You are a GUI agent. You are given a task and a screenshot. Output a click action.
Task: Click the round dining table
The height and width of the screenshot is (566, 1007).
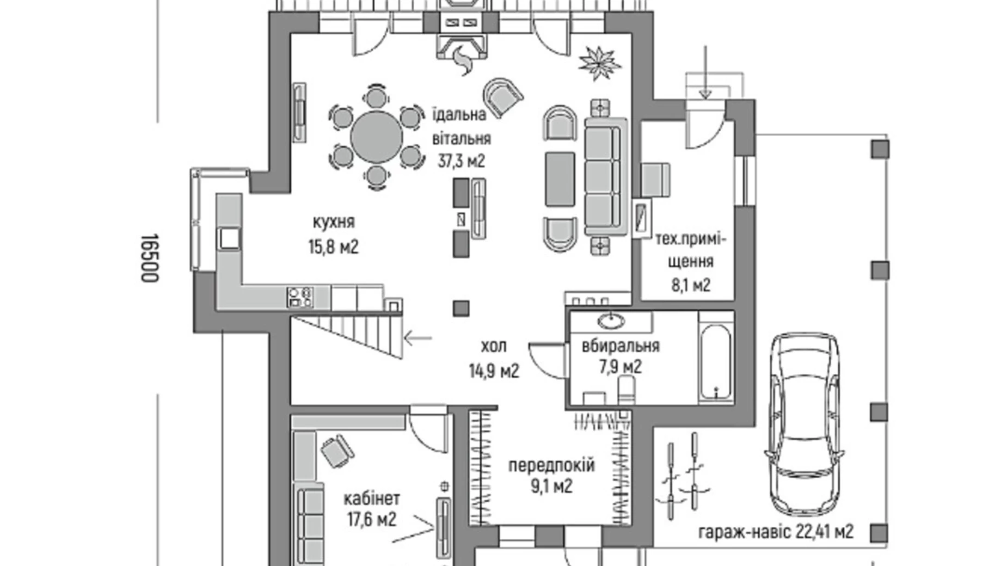(376, 137)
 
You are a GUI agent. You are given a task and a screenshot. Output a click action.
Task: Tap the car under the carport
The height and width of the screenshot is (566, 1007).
(803, 424)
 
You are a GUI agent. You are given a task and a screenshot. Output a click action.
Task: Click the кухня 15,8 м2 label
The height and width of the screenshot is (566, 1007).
(334, 235)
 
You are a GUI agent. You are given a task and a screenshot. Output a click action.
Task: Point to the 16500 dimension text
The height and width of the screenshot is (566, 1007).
(149, 258)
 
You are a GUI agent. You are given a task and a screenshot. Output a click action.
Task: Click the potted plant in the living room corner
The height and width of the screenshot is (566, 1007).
(599, 62)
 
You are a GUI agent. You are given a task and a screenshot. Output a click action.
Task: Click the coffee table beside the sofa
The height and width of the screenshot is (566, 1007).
(560, 179)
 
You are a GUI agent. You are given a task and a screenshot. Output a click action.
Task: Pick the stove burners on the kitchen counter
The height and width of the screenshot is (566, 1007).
(300, 297)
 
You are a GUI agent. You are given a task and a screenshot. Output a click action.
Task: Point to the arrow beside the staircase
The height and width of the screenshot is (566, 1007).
(417, 338)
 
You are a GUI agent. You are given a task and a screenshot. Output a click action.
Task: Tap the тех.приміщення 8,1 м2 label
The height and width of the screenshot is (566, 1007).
(690, 262)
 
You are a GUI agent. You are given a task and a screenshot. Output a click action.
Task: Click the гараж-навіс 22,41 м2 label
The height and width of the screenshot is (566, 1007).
(776, 531)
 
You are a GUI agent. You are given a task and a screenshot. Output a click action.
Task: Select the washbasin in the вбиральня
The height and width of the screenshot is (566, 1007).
(611, 321)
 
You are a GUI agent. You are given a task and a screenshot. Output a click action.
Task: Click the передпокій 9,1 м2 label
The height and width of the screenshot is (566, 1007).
(551, 475)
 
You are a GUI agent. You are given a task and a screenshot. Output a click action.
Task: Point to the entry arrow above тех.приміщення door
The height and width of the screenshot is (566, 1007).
(705, 72)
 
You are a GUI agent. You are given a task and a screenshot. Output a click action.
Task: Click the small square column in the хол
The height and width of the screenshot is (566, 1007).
(460, 308)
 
